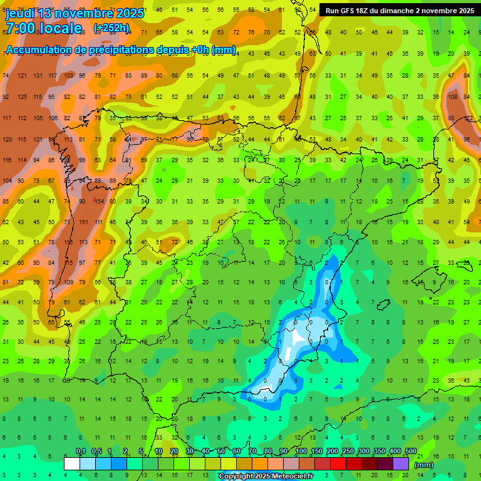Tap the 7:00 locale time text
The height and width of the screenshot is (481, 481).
click(x=44, y=28)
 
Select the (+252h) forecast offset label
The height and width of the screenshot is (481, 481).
click(x=111, y=28)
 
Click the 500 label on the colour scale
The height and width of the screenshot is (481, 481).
click(x=411, y=452)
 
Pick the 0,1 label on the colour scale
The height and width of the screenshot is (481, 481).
click(x=81, y=452)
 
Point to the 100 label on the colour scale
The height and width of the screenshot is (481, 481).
click(x=301, y=452)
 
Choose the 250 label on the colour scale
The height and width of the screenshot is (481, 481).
click(x=348, y=452)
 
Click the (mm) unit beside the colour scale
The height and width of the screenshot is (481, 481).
click(x=424, y=465)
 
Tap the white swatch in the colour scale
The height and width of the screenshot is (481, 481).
click(x=72, y=464)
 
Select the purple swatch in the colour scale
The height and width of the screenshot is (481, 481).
click(x=401, y=464)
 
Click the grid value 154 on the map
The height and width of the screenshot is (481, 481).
click(x=99, y=201)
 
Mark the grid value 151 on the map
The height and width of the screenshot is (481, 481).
click(x=83, y=222)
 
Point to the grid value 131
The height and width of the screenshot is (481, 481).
click(x=38, y=76)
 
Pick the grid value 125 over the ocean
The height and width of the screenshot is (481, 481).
click(x=23, y=96)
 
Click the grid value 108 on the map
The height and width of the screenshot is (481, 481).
click(x=452, y=96)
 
